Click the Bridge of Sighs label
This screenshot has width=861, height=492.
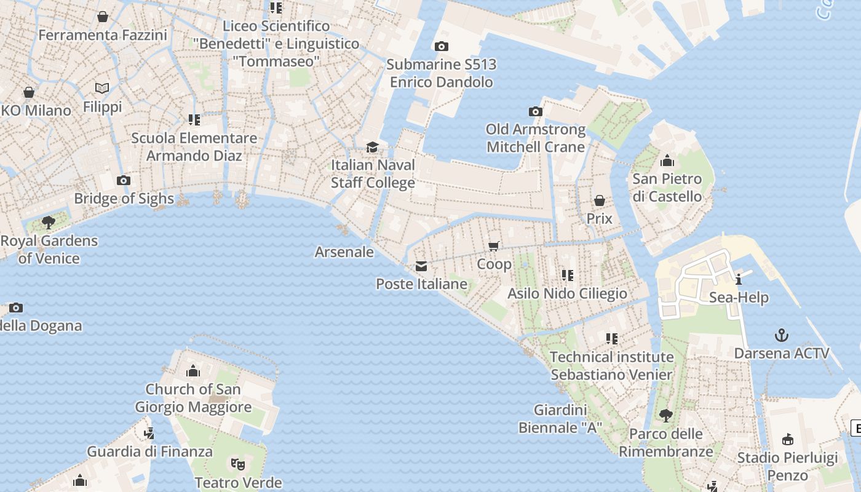coord(124,199)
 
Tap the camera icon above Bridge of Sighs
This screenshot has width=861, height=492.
coord(124,180)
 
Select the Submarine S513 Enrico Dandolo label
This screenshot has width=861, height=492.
coord(442,73)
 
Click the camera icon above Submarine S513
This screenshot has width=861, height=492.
coord(441,46)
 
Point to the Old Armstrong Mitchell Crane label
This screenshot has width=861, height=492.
coord(536,138)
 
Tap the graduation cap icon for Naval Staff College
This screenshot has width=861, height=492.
coord(372,147)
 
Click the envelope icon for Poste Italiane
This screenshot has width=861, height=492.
coord(421,266)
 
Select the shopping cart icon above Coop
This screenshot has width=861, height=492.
coord(493,247)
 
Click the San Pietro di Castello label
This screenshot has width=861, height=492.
coord(667,188)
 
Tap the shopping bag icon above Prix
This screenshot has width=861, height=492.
coord(599,200)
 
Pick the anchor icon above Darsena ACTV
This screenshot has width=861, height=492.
coord(781,335)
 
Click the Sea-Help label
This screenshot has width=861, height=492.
coord(739,298)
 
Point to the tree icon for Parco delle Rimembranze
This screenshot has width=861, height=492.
coord(665,416)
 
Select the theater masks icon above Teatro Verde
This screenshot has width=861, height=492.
coord(238,464)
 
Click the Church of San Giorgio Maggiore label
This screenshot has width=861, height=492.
coord(193,398)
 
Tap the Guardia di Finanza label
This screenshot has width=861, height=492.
coord(149,451)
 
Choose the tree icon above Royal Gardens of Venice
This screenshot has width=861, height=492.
coord(49,222)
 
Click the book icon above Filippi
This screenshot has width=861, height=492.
coord(102,89)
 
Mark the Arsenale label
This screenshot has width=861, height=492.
coord(344,252)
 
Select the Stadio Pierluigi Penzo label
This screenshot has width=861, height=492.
coord(787,467)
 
